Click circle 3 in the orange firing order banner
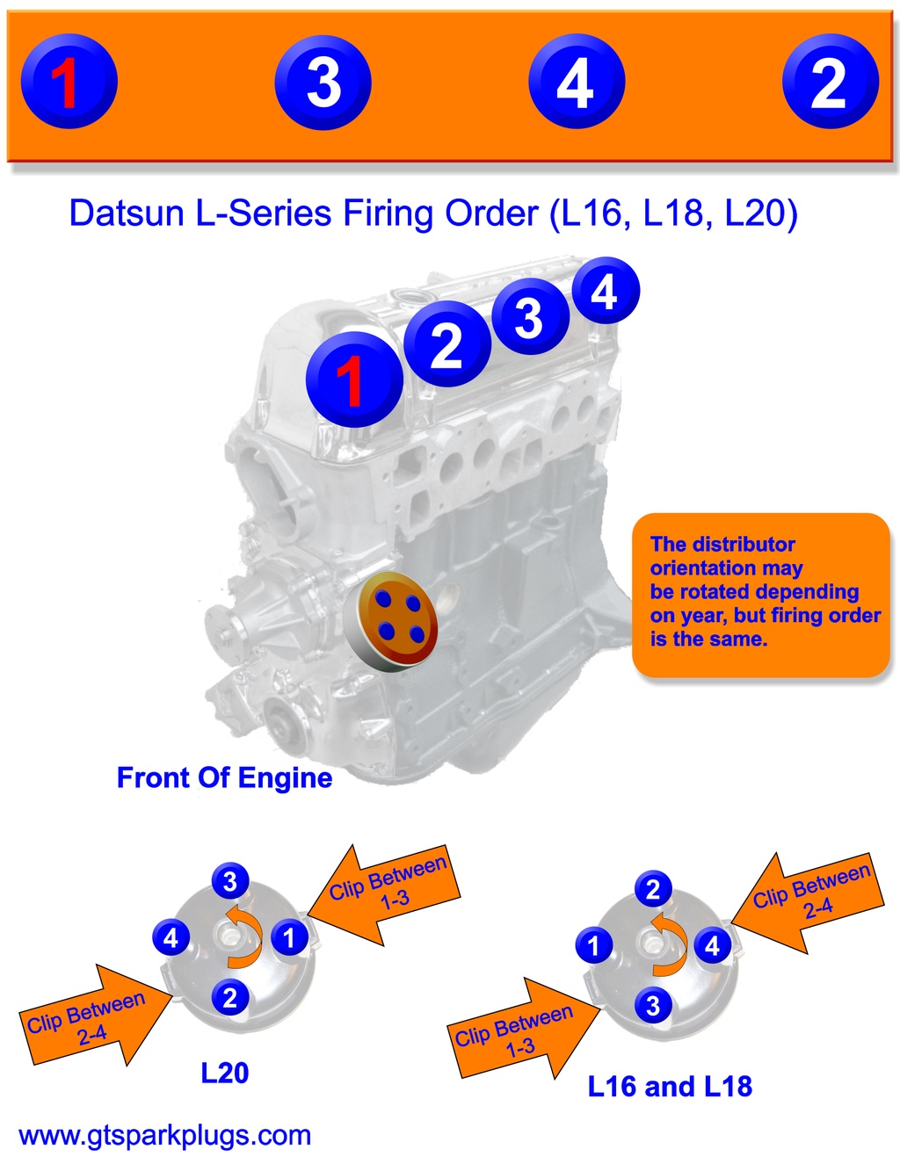click(x=323, y=83)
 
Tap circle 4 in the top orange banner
click(x=577, y=83)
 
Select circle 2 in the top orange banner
click(x=830, y=83)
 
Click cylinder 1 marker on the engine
click(x=353, y=380)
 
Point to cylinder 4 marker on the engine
click(x=605, y=291)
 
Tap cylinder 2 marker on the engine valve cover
click(x=446, y=343)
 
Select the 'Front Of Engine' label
click(x=224, y=777)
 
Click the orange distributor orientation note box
click(x=761, y=593)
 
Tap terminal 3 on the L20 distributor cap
click(x=230, y=880)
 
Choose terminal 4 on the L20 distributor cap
click(x=171, y=937)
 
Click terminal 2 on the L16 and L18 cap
click(x=652, y=889)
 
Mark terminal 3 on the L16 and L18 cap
click(x=652, y=1005)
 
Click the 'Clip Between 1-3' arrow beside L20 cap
click(x=385, y=893)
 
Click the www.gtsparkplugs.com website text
click(x=165, y=1135)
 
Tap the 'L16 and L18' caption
click(x=670, y=1087)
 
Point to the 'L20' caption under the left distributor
click(x=225, y=1073)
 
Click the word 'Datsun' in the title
click(x=127, y=213)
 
